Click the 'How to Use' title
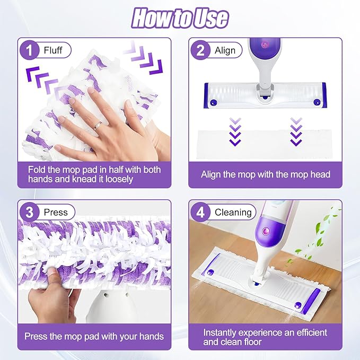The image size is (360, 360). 180,18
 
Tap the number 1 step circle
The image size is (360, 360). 29,50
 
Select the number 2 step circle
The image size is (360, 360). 200,50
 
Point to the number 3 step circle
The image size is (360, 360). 29,212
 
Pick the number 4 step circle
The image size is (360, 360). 200,212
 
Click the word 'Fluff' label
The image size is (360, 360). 53,50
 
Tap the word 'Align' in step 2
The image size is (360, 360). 225,50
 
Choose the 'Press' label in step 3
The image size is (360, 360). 56,213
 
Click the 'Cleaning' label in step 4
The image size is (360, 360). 233,213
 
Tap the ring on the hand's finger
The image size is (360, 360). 98,126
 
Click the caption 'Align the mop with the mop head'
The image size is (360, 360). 266,174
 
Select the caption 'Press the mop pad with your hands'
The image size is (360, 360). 94,337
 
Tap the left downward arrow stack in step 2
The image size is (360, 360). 235,132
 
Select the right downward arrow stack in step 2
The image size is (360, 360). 296,132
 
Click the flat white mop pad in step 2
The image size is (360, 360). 265,144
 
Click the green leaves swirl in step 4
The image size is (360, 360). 317,234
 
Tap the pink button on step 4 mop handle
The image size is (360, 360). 265,231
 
